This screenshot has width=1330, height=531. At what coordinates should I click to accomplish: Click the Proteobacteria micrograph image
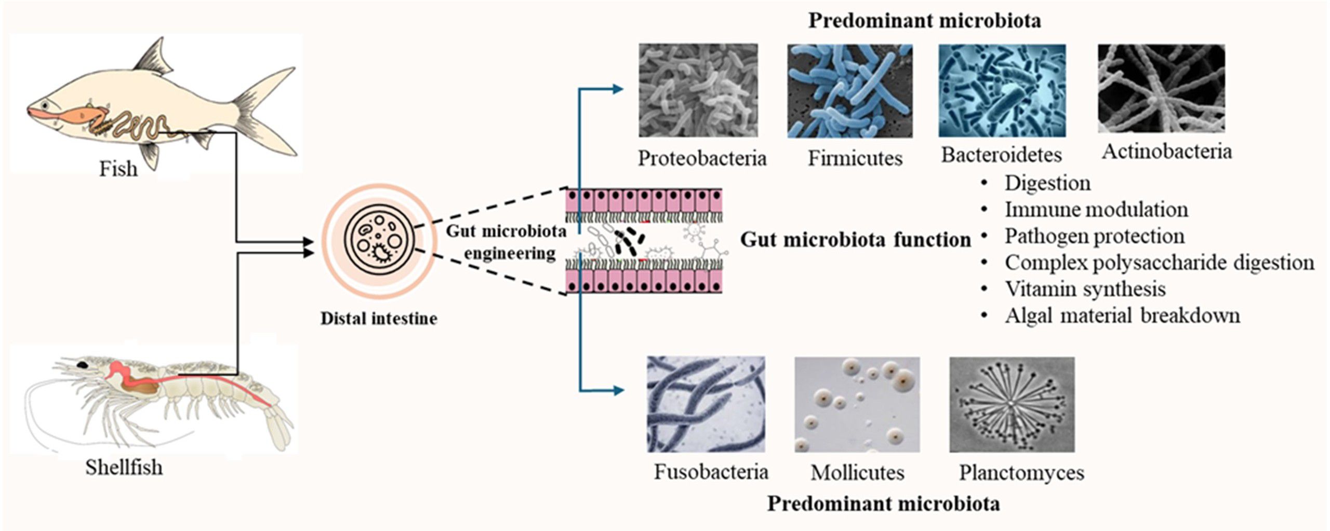[698, 90]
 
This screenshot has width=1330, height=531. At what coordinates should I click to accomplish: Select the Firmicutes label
[855, 158]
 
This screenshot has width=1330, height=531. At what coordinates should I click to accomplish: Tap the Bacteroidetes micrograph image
[1002, 90]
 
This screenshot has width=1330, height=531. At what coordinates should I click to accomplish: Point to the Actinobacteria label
[1166, 152]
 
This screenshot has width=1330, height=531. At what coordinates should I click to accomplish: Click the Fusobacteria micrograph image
[706, 404]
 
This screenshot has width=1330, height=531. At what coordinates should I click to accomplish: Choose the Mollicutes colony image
[857, 404]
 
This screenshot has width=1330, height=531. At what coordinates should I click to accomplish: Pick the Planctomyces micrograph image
[1012, 404]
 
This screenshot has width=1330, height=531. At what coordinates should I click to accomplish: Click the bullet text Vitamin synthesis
[1085, 289]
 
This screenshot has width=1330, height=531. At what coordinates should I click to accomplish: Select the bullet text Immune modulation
[1096, 210]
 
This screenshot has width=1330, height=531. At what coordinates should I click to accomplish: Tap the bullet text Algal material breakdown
[1122, 316]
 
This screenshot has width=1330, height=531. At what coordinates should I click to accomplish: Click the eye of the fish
[46, 105]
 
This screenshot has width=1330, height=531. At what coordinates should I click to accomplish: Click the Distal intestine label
[379, 318]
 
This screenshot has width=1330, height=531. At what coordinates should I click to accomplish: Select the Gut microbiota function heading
[855, 240]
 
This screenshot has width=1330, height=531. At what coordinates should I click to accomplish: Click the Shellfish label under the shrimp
[124, 468]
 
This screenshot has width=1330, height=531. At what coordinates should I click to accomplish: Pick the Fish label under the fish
[118, 169]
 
